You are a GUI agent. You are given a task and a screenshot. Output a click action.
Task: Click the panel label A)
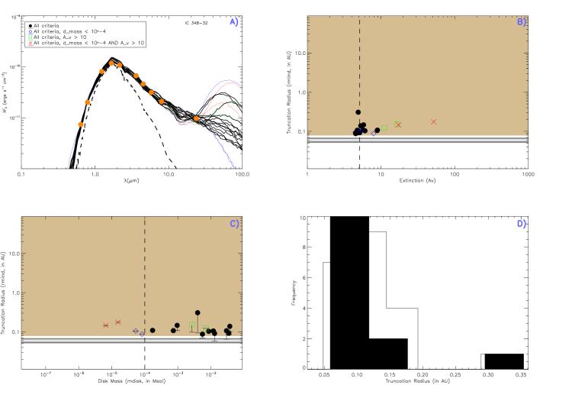click(234, 22)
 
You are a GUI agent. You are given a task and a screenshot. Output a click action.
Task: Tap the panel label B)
click(522, 22)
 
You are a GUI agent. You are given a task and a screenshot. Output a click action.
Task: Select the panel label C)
click(234, 224)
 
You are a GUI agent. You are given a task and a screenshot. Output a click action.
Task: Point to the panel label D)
click(522, 224)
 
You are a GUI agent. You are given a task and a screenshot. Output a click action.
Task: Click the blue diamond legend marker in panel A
click(31, 33)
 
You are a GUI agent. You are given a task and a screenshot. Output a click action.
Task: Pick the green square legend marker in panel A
click(31, 37)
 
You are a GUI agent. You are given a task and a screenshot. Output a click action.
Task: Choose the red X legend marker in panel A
click(31, 43)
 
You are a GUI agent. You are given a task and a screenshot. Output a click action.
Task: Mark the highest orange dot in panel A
click(111, 63)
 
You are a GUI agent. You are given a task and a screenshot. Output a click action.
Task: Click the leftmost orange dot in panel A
click(81, 125)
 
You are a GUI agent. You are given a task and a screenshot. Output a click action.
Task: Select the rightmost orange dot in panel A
click(196, 118)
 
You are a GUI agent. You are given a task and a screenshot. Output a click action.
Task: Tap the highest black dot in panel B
click(358, 112)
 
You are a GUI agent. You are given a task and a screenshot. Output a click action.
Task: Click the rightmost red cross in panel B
click(433, 121)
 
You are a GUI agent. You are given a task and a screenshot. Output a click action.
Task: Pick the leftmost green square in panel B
click(384, 128)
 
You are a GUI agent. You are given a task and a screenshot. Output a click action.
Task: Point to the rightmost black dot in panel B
click(377, 130)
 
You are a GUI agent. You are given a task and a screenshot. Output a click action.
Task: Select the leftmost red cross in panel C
click(106, 325)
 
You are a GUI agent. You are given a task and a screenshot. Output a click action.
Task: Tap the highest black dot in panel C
click(198, 312)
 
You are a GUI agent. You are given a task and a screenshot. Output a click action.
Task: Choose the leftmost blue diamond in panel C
click(136, 331)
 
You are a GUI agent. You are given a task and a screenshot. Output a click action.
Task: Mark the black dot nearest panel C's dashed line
click(153, 330)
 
